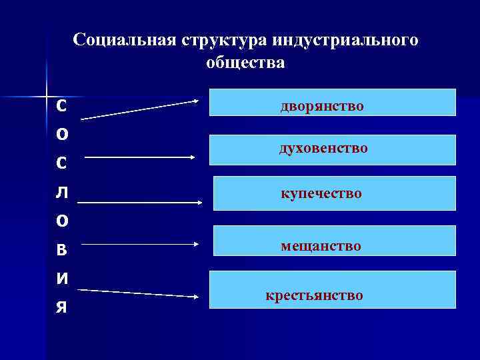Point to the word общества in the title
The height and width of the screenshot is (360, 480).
[x=245, y=63]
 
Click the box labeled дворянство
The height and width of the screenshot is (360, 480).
[x=333, y=103]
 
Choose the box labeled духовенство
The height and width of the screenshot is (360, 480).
[x=333, y=149]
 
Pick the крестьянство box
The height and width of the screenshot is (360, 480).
[x=333, y=289]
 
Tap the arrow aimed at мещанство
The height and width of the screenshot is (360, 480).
[x=140, y=245]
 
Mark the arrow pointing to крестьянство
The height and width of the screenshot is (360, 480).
[x=139, y=293]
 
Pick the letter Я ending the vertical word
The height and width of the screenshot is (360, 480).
[x=61, y=307]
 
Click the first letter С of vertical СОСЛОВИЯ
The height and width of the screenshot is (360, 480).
[x=61, y=105]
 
